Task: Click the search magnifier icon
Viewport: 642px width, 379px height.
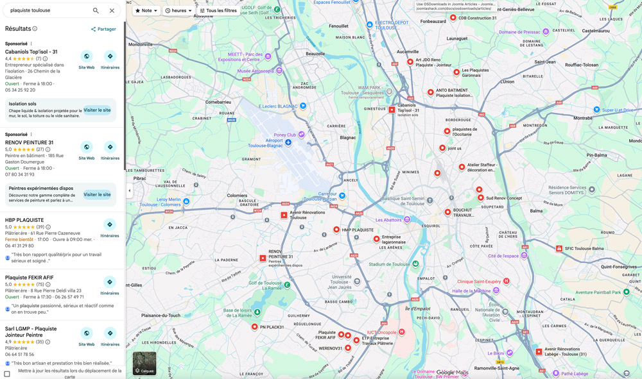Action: click(96, 11)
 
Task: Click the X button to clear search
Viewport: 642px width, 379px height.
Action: click(112, 11)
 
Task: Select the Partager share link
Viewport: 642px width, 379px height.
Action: click(103, 29)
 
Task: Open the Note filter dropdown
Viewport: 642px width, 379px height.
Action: click(146, 11)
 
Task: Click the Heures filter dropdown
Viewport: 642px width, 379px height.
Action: click(178, 11)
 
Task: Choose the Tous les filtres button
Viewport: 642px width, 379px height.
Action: click(218, 11)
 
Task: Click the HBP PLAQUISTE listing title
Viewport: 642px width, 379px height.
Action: click(24, 220)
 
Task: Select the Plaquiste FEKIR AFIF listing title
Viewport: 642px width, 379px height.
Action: click(29, 278)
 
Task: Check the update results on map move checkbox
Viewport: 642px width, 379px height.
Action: click(7, 373)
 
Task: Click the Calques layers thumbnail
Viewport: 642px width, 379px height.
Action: click(144, 363)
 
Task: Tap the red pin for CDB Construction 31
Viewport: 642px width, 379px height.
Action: click(453, 18)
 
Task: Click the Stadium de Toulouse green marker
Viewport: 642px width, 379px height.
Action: click(415, 264)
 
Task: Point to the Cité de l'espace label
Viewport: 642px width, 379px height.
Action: click(503, 256)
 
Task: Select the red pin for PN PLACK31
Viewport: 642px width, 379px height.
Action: click(255, 327)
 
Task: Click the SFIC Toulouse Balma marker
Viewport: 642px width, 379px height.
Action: click(559, 248)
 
